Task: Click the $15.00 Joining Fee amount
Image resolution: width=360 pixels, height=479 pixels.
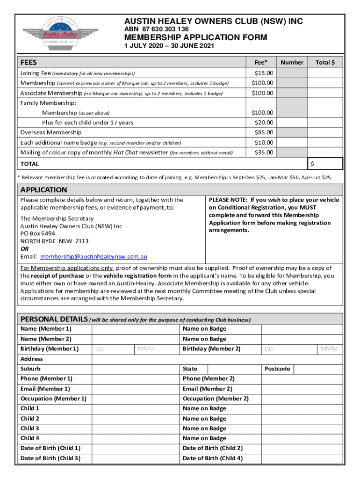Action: point(264,73)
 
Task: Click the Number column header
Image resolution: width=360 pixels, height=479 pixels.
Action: point(292,62)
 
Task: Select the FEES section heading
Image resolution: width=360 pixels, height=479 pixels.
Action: point(29,62)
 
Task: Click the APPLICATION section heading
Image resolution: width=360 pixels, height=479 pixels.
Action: point(43,190)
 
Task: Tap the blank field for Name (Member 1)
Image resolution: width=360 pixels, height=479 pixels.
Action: point(136,329)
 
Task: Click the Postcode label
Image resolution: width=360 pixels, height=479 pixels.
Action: point(277,369)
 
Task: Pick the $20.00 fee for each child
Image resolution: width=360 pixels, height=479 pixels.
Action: point(264,123)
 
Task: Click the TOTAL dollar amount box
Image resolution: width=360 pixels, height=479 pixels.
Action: point(325,164)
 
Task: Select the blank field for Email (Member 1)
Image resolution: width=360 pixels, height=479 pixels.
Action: point(136,389)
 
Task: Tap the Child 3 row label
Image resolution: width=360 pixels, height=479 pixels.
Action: point(30,428)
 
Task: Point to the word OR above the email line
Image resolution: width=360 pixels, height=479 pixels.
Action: point(24,249)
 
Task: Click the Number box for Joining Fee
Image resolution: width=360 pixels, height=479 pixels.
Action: point(292,73)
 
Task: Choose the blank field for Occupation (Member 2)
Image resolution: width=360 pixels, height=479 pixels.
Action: point(302,399)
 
